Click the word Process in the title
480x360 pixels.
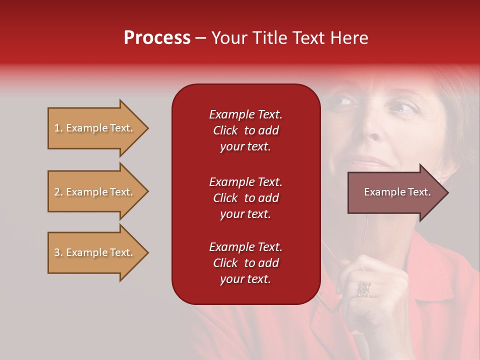(x=157, y=38)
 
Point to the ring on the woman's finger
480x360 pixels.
(x=364, y=289)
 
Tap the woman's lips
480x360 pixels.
(x=367, y=163)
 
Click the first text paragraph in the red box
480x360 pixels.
(x=245, y=130)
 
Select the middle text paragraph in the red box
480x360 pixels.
(x=245, y=198)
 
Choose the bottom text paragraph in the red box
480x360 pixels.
(x=245, y=263)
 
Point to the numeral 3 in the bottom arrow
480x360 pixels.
(x=57, y=252)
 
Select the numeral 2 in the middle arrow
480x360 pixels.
(x=57, y=192)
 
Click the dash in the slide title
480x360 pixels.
(x=200, y=38)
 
